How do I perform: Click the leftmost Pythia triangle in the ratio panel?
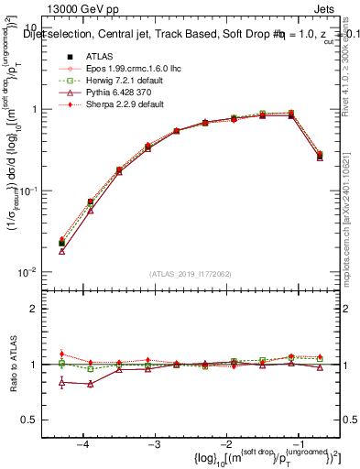coord(61,382)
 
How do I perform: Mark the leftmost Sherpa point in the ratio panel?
coord(61,354)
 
